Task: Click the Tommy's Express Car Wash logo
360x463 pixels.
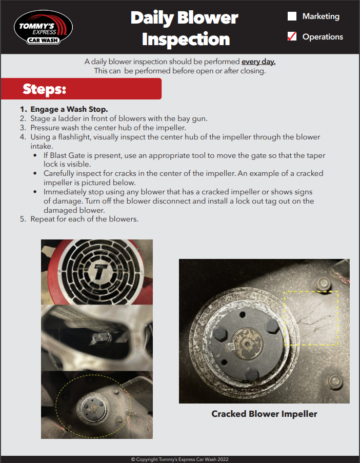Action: (x=43, y=28)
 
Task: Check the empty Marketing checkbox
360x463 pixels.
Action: (x=292, y=16)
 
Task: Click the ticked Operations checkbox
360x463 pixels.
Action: (x=292, y=36)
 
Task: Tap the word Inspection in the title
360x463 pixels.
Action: (x=186, y=39)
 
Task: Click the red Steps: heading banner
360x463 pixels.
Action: (x=81, y=89)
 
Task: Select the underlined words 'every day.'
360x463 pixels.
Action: (x=258, y=62)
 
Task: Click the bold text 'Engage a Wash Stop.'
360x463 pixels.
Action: (x=69, y=109)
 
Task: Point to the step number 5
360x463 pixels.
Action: (x=22, y=219)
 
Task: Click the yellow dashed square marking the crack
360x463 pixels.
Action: (x=310, y=318)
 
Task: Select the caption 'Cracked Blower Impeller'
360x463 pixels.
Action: (x=264, y=414)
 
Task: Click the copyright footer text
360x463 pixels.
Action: (x=180, y=459)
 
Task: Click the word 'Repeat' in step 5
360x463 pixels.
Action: (x=43, y=219)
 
